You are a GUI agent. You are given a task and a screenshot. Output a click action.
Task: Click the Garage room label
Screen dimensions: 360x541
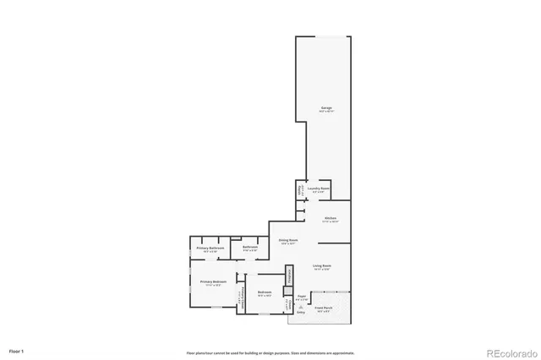tap(325, 107)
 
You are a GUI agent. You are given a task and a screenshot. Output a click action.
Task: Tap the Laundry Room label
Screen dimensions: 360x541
tap(317, 188)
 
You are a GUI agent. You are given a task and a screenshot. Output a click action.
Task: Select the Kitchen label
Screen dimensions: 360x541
tap(331, 218)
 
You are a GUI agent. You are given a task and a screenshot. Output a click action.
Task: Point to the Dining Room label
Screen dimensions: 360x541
tap(288, 240)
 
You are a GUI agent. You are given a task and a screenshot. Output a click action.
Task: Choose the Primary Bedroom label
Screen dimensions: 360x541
tap(212, 281)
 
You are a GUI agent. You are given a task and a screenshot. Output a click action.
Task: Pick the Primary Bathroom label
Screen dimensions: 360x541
tap(210, 248)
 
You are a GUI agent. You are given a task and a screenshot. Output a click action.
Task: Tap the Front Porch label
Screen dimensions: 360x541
tap(324, 308)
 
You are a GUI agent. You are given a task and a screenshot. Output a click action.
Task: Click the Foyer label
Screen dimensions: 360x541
tap(301, 297)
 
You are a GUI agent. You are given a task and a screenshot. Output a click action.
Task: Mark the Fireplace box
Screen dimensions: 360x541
tap(288, 275)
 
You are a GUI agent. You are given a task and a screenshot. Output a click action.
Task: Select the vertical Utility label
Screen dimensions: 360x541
tap(299, 189)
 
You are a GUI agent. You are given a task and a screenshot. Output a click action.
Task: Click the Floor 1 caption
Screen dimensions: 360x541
tap(17, 350)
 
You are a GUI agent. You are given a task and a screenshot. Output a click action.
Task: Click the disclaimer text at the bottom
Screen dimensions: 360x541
tap(270, 352)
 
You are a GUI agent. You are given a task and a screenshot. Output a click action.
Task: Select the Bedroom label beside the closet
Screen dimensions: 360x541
tap(264, 292)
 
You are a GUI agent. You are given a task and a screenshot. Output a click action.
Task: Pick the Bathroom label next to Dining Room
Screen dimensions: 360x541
tap(250, 248)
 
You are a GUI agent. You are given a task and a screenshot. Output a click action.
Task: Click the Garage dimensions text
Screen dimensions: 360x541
tap(325, 112)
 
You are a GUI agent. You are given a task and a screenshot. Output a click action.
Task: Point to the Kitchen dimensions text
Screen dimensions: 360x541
tap(331, 221)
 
